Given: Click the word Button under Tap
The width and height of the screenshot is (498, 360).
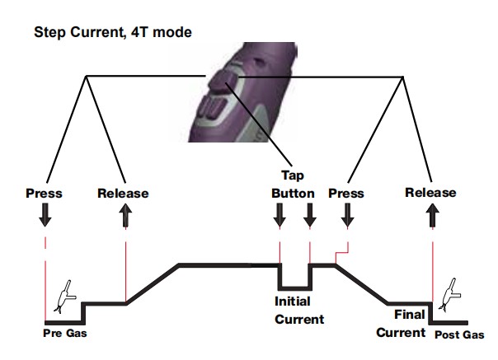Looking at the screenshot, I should click(x=294, y=193).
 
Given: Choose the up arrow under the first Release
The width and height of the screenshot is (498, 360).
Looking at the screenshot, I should click(x=124, y=217).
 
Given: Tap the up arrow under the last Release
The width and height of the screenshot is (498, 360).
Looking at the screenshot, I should click(x=431, y=217).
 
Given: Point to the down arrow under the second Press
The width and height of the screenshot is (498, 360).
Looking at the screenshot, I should click(x=347, y=217).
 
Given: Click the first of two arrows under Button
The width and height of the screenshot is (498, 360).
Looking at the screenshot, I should click(x=280, y=217).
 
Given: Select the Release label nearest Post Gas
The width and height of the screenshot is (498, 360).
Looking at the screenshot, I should click(x=430, y=193).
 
